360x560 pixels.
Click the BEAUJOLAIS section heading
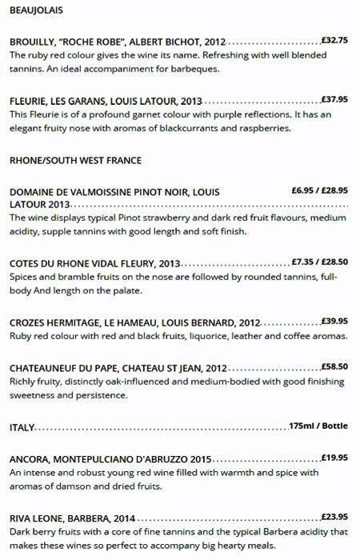pyautogui.click(x=37, y=11)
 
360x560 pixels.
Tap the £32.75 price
pyautogui.click(x=334, y=39)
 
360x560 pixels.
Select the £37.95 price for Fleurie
pyautogui.click(x=334, y=100)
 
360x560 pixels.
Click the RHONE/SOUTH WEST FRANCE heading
pyautogui.click(x=75, y=160)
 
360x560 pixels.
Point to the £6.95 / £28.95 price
pyautogui.click(x=319, y=190)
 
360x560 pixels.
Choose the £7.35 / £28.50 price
pyautogui.click(x=319, y=261)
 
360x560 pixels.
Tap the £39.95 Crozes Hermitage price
pyautogui.click(x=334, y=321)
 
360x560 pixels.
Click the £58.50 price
pyautogui.click(x=334, y=366)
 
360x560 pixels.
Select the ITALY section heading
pyautogui.click(x=22, y=427)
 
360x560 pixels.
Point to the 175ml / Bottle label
pyautogui.click(x=318, y=426)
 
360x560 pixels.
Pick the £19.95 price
pyautogui.click(x=334, y=458)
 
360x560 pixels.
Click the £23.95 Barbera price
pyautogui.click(x=334, y=516)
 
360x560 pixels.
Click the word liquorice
pyautogui.click(x=202, y=336)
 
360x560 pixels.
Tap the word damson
pyautogui.click(x=74, y=487)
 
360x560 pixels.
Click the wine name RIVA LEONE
pyautogui.click(x=39, y=518)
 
